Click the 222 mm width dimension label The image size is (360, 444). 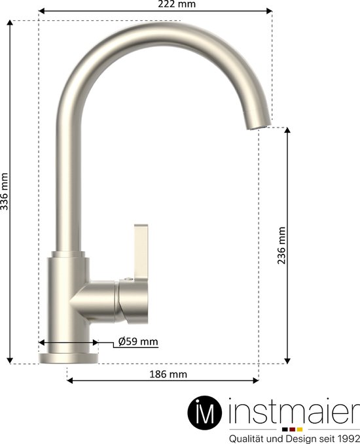[x=177, y=5]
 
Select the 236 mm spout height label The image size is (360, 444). [x=281, y=245]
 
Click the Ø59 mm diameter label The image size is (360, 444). [x=138, y=341]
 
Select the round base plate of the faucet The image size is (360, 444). [x=69, y=357]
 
